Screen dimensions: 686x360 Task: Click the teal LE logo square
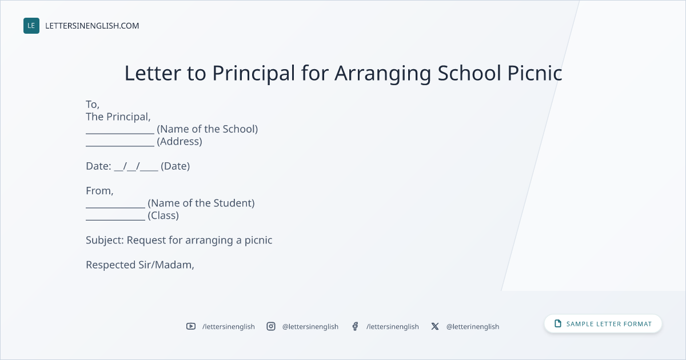tap(31, 26)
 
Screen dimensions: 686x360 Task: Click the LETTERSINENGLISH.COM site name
tap(92, 26)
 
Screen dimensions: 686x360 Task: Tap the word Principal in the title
tap(254, 74)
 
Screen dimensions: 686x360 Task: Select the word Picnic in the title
tap(535, 73)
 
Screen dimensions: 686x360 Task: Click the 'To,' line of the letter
tap(93, 105)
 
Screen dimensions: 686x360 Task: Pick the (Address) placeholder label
tap(180, 142)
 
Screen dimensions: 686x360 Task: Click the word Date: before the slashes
tap(98, 166)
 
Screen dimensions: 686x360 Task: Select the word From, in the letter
tap(99, 191)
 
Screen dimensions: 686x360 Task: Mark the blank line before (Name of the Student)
tap(115, 207)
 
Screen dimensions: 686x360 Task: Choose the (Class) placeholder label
tap(163, 215)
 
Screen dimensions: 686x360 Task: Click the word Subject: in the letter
tap(105, 241)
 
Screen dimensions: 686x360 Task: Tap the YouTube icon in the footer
tap(191, 326)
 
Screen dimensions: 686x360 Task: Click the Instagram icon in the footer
tap(271, 326)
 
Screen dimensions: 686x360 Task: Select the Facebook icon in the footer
tap(355, 326)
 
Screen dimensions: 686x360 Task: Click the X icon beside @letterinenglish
tap(435, 326)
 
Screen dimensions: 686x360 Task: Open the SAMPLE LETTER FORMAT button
tap(603, 324)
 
